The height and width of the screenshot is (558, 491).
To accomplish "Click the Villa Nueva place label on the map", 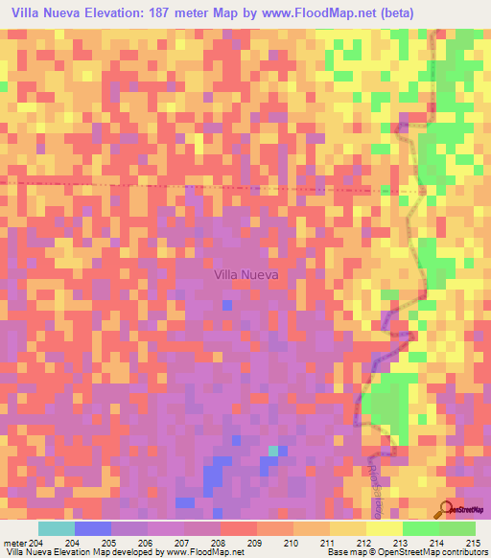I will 245,274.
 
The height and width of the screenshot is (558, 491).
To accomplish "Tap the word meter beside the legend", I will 14,543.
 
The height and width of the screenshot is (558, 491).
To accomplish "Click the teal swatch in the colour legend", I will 57,528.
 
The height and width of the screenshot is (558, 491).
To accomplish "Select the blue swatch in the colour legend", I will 93,528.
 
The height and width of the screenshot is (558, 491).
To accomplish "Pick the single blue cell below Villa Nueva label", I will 226,305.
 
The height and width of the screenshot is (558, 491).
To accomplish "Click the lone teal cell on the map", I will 273,450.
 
